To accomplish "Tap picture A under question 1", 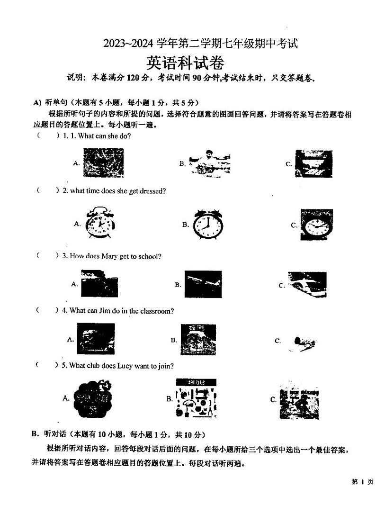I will coord(103,162).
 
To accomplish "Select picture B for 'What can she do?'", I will coord(208,163).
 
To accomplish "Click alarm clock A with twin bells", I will coord(100,224).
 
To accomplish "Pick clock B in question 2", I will coord(208,225).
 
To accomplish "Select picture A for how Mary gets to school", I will coord(99,283).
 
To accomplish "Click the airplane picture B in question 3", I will coord(203,284).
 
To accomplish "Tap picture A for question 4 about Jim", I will coord(96,339).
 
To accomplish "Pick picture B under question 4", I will coord(198,340).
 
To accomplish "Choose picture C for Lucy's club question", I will coord(298,399).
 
